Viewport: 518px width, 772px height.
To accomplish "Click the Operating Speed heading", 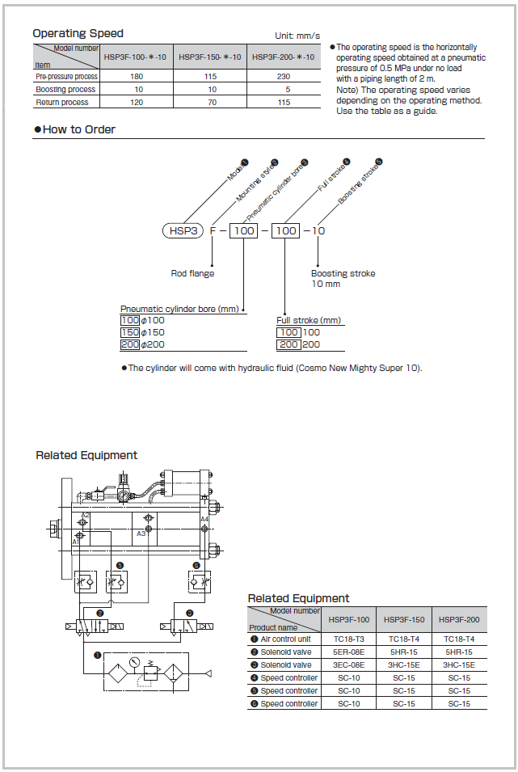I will [78, 33].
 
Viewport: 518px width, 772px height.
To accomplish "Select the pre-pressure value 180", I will [138, 77].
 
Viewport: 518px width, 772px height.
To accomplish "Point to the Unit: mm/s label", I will [297, 36].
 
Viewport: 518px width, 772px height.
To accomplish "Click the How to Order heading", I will [78, 129].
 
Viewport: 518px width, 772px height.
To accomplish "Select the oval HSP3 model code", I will [183, 231].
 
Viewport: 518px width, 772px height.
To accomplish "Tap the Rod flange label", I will [192, 273].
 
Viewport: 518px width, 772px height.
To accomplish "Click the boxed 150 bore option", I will [130, 333].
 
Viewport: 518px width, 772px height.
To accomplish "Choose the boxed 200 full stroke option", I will [288, 344].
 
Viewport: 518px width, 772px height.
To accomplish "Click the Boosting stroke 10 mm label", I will [343, 278].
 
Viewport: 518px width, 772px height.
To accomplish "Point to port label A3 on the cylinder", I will [141, 534].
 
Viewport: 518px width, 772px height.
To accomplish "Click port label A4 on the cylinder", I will [204, 519].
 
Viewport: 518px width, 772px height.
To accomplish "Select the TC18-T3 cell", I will [350, 639].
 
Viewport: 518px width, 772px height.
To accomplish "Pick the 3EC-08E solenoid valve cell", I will [350, 665].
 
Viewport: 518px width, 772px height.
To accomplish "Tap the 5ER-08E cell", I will [350, 652].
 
